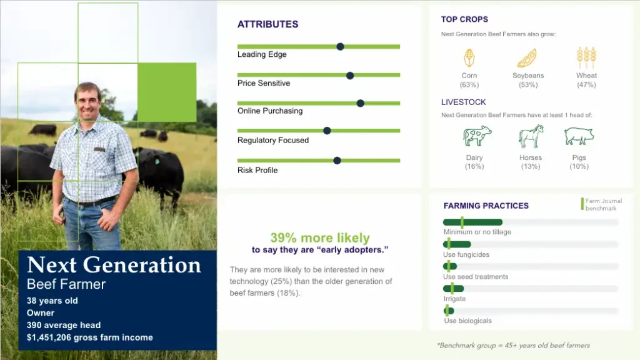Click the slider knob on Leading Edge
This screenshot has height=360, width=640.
click(340, 46)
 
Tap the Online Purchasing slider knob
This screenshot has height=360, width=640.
click(360, 103)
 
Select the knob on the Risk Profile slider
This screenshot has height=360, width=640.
click(337, 161)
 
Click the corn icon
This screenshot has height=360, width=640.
click(469, 58)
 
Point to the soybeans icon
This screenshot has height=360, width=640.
click(527, 58)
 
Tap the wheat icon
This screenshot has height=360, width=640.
click(586, 57)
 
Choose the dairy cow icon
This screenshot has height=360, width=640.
click(477, 136)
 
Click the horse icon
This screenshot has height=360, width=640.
click(531, 136)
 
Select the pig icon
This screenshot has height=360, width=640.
click(579, 136)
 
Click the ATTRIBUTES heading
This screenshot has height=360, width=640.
click(267, 24)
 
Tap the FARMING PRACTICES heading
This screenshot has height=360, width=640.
click(486, 206)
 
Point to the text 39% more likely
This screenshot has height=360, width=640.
click(320, 237)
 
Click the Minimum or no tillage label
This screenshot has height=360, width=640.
click(477, 232)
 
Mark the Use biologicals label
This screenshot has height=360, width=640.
click(467, 321)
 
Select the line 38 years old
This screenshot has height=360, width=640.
click(52, 301)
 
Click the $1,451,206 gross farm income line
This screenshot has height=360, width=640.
click(90, 337)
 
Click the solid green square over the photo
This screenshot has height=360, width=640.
click(167, 92)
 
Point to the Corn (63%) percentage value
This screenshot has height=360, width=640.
click(469, 85)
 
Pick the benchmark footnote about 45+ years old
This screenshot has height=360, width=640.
click(513, 345)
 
